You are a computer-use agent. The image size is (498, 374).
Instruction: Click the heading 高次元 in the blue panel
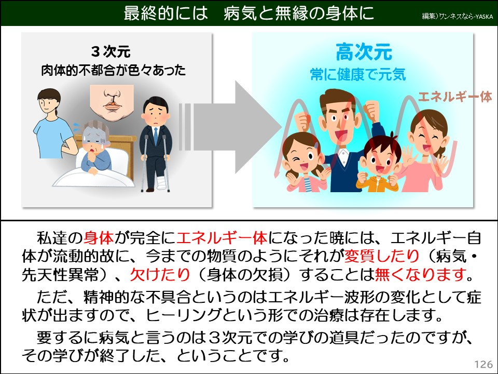tap(363, 52)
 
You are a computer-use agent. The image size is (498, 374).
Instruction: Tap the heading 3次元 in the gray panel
tap(110, 52)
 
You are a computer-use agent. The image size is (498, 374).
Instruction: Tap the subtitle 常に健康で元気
tap(358, 75)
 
